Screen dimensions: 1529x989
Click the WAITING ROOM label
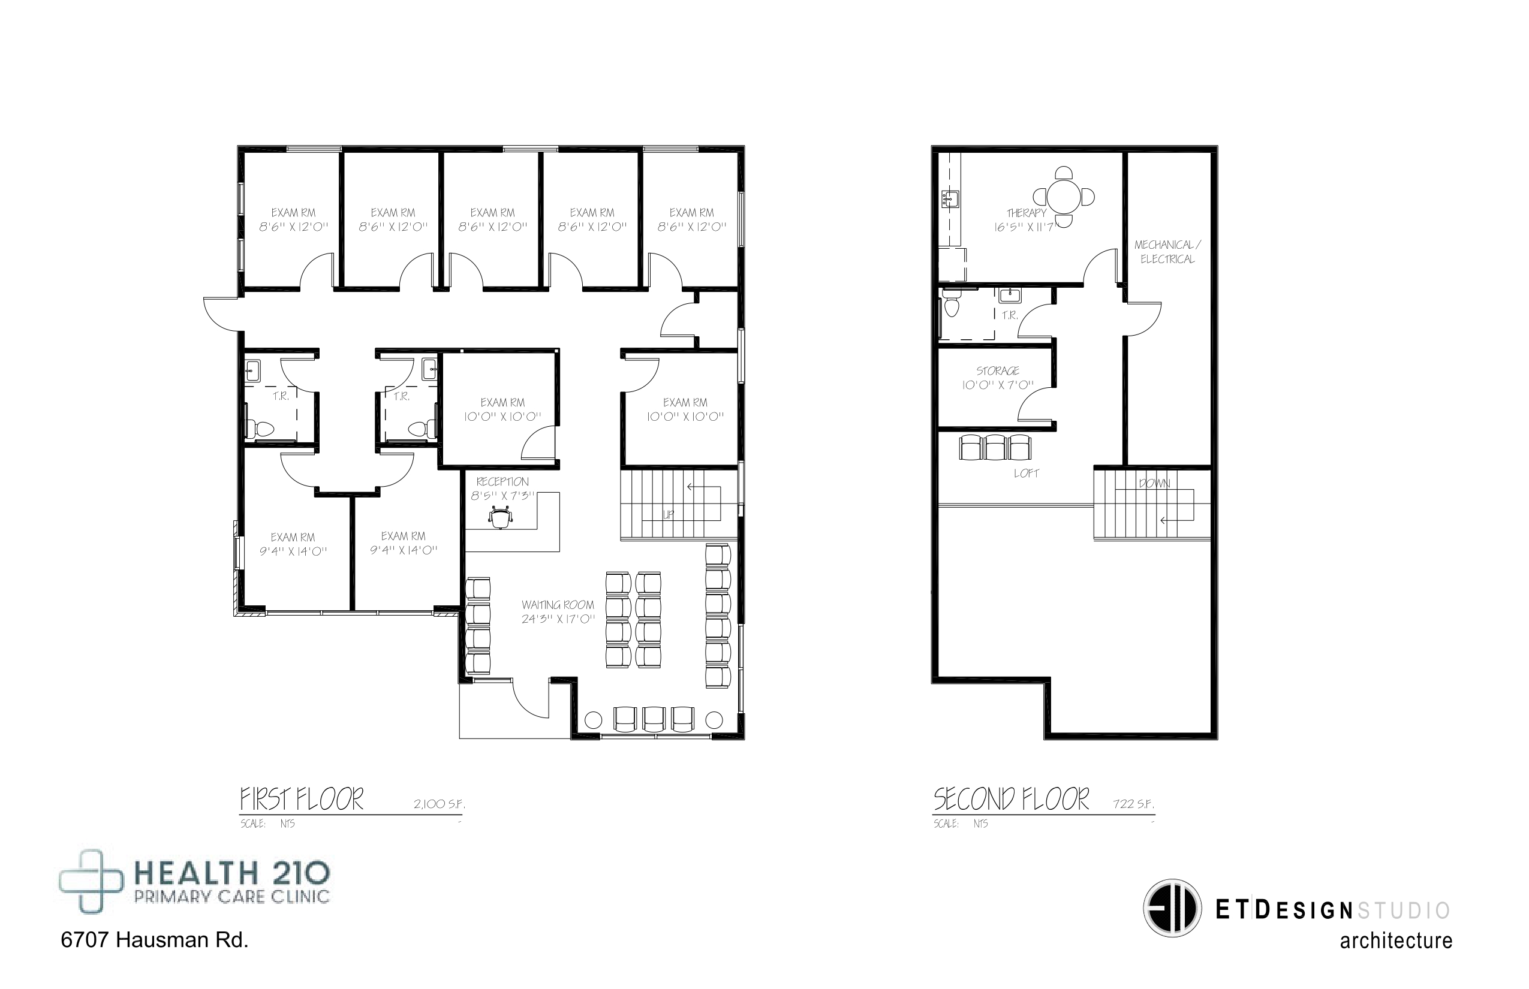pos(558,605)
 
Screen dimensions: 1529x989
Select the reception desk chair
pos(501,516)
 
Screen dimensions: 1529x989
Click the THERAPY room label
pos(1026,213)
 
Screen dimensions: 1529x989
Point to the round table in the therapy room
pos(1064,197)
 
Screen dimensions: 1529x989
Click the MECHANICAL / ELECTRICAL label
pos(1167,252)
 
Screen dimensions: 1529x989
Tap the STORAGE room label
pos(998,370)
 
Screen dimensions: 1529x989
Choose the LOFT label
pos(1026,474)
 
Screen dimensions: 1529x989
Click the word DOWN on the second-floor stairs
pos(1154,484)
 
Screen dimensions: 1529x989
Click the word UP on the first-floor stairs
pos(668,514)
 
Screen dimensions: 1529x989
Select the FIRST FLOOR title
pos(301,799)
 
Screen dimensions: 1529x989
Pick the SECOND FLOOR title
pos(1011,799)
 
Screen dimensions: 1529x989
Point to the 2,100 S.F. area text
pos(440,804)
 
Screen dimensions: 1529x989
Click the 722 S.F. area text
pos(1134,804)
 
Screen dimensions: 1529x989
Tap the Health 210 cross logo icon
pos(91,881)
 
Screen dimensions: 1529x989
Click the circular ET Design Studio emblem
pos(1172,908)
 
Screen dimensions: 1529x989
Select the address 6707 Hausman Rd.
pos(154,940)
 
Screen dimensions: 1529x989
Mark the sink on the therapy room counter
pos(950,200)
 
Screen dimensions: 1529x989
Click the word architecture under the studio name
pos(1396,942)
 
